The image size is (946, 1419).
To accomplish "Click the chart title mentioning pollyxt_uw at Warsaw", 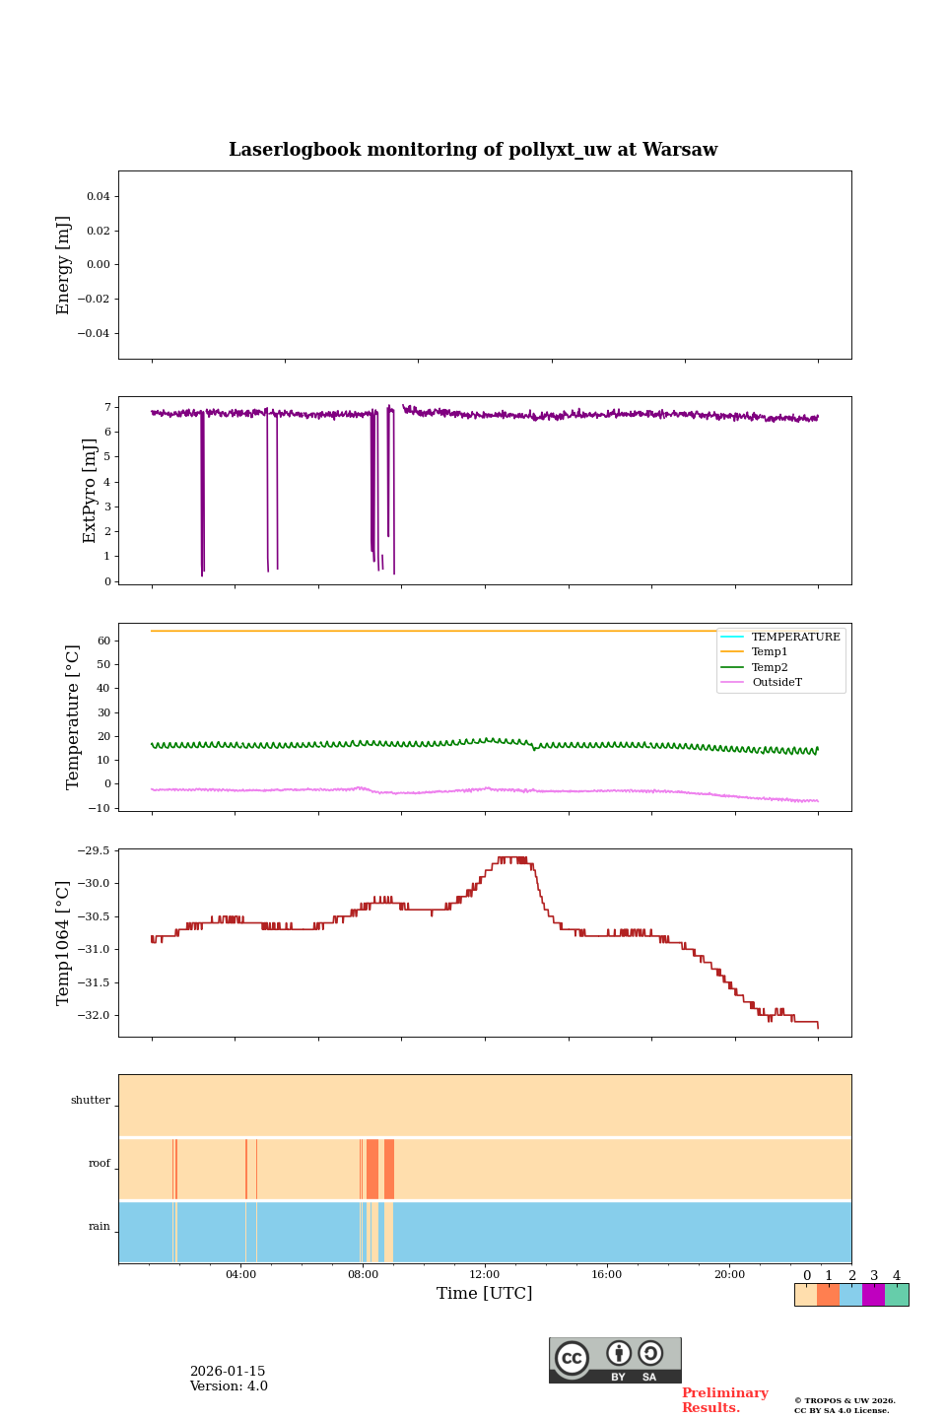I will (473, 150).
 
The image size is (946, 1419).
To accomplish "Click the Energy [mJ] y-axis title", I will (64, 265).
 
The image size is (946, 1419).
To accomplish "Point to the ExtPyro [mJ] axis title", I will (90, 491).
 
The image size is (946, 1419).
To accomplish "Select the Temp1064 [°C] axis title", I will (64, 943).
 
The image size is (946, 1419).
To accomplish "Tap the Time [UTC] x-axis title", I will (484, 1293).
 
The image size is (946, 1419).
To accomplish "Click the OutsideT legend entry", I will (777, 682).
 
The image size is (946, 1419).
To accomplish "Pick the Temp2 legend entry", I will (770, 667).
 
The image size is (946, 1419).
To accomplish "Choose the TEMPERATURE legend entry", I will (795, 637).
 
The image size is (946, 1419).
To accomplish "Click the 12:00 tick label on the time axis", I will (485, 1274).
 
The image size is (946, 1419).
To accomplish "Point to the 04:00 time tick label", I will (240, 1274).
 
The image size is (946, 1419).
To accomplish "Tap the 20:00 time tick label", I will (729, 1274).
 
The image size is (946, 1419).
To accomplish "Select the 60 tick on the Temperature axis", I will (102, 641).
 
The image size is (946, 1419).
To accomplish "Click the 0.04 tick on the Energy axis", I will (98, 196).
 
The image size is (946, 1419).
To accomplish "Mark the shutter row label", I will (91, 1101).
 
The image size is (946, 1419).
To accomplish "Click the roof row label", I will (100, 1164).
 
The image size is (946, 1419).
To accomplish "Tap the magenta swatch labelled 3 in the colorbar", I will (873, 1295).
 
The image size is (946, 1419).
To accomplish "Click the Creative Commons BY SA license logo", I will (615, 1360).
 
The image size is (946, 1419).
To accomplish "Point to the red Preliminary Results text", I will (724, 1400).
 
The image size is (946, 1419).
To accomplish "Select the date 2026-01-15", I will (228, 1372).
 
